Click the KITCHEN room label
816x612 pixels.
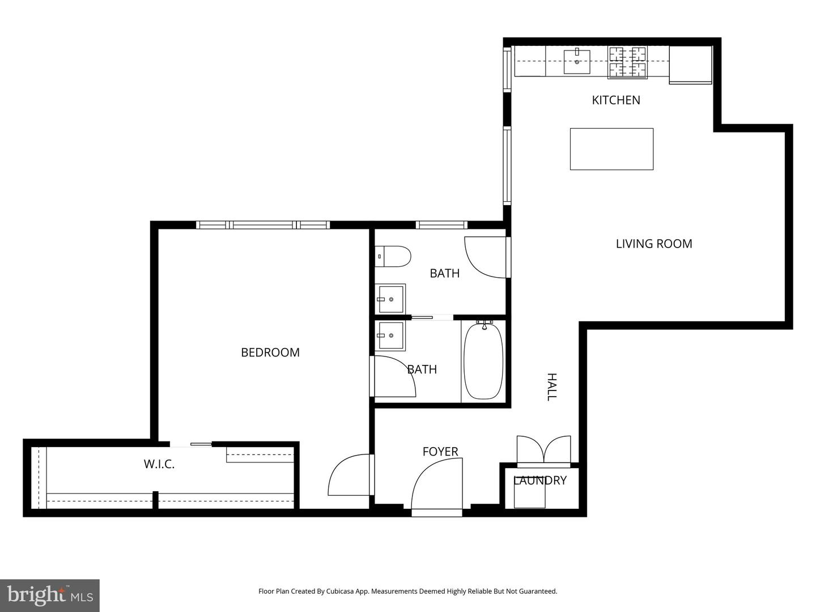point(616,100)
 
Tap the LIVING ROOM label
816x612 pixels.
point(654,244)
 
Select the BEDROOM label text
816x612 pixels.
point(270,352)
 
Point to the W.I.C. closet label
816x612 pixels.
point(159,464)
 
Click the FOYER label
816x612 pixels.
point(440,452)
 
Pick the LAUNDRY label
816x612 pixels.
point(539,481)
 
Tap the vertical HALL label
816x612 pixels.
point(551,387)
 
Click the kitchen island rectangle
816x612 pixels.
point(611,149)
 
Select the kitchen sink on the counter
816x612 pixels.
point(577,62)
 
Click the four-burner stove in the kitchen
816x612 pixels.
point(627,62)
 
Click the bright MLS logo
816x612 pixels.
point(50,596)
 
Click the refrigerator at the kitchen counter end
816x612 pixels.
point(690,65)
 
